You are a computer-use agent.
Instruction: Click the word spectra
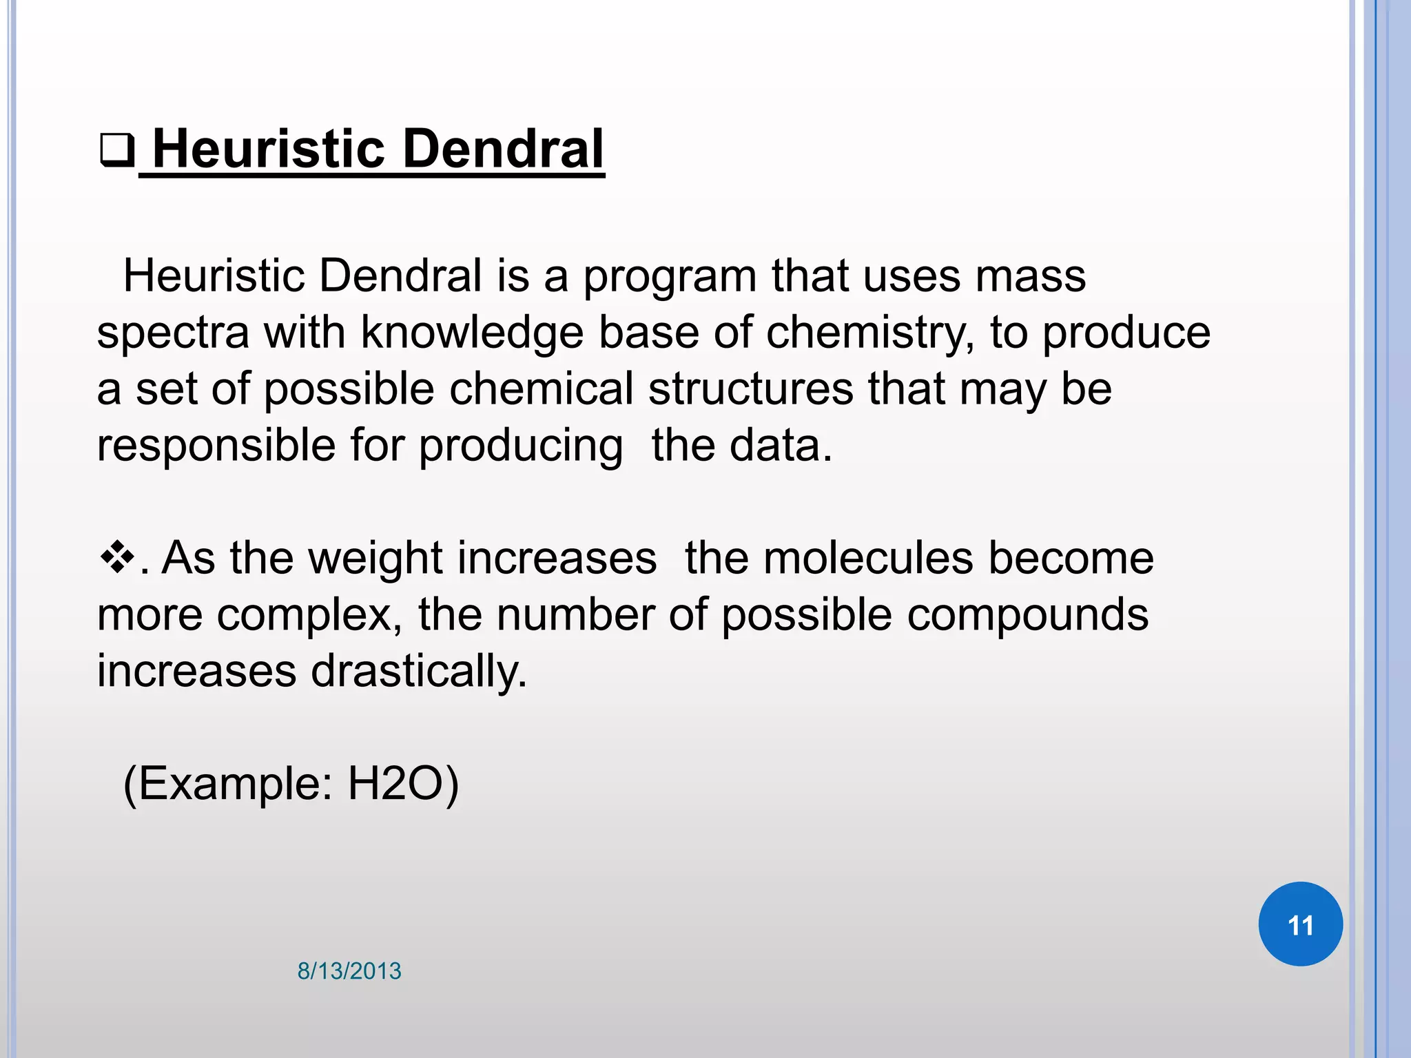coord(172,333)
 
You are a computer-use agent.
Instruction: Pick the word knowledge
coord(471,333)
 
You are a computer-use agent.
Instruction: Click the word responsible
coord(216,446)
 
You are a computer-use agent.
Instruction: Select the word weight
coord(375,558)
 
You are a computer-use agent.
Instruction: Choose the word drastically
coord(418,671)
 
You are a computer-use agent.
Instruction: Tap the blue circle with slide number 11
coord(1300,924)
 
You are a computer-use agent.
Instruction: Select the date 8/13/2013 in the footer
coord(349,971)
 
